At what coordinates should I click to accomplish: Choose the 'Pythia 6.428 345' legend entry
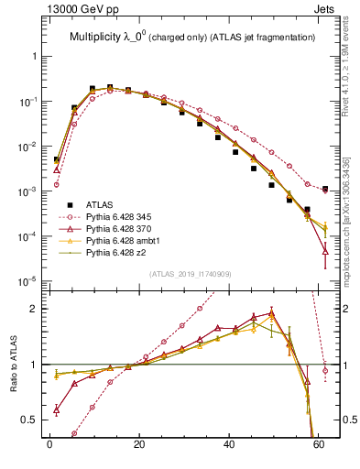(123, 216)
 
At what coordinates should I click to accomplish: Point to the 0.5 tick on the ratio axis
(35, 420)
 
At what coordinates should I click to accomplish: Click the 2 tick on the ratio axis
(38, 309)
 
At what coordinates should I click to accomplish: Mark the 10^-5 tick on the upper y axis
(30, 280)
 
